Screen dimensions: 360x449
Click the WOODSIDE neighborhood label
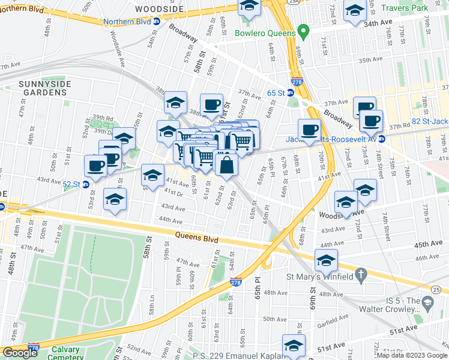click(158, 10)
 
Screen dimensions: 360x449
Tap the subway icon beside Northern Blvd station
click(156, 22)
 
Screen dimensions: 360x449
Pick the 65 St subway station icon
click(290, 93)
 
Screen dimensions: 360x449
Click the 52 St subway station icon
click(85, 184)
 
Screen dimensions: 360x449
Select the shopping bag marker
click(226, 165)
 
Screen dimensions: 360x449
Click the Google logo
click(20, 353)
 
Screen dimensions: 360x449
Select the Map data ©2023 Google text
click(412, 355)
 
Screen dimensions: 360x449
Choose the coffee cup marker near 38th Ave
click(211, 104)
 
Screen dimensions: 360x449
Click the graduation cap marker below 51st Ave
click(294, 346)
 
